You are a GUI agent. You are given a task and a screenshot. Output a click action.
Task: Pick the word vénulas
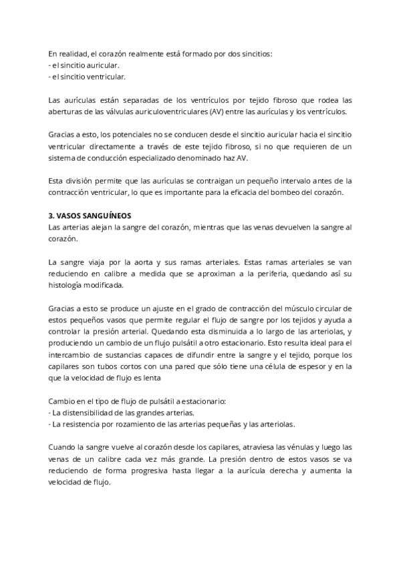tap(273, 447)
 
